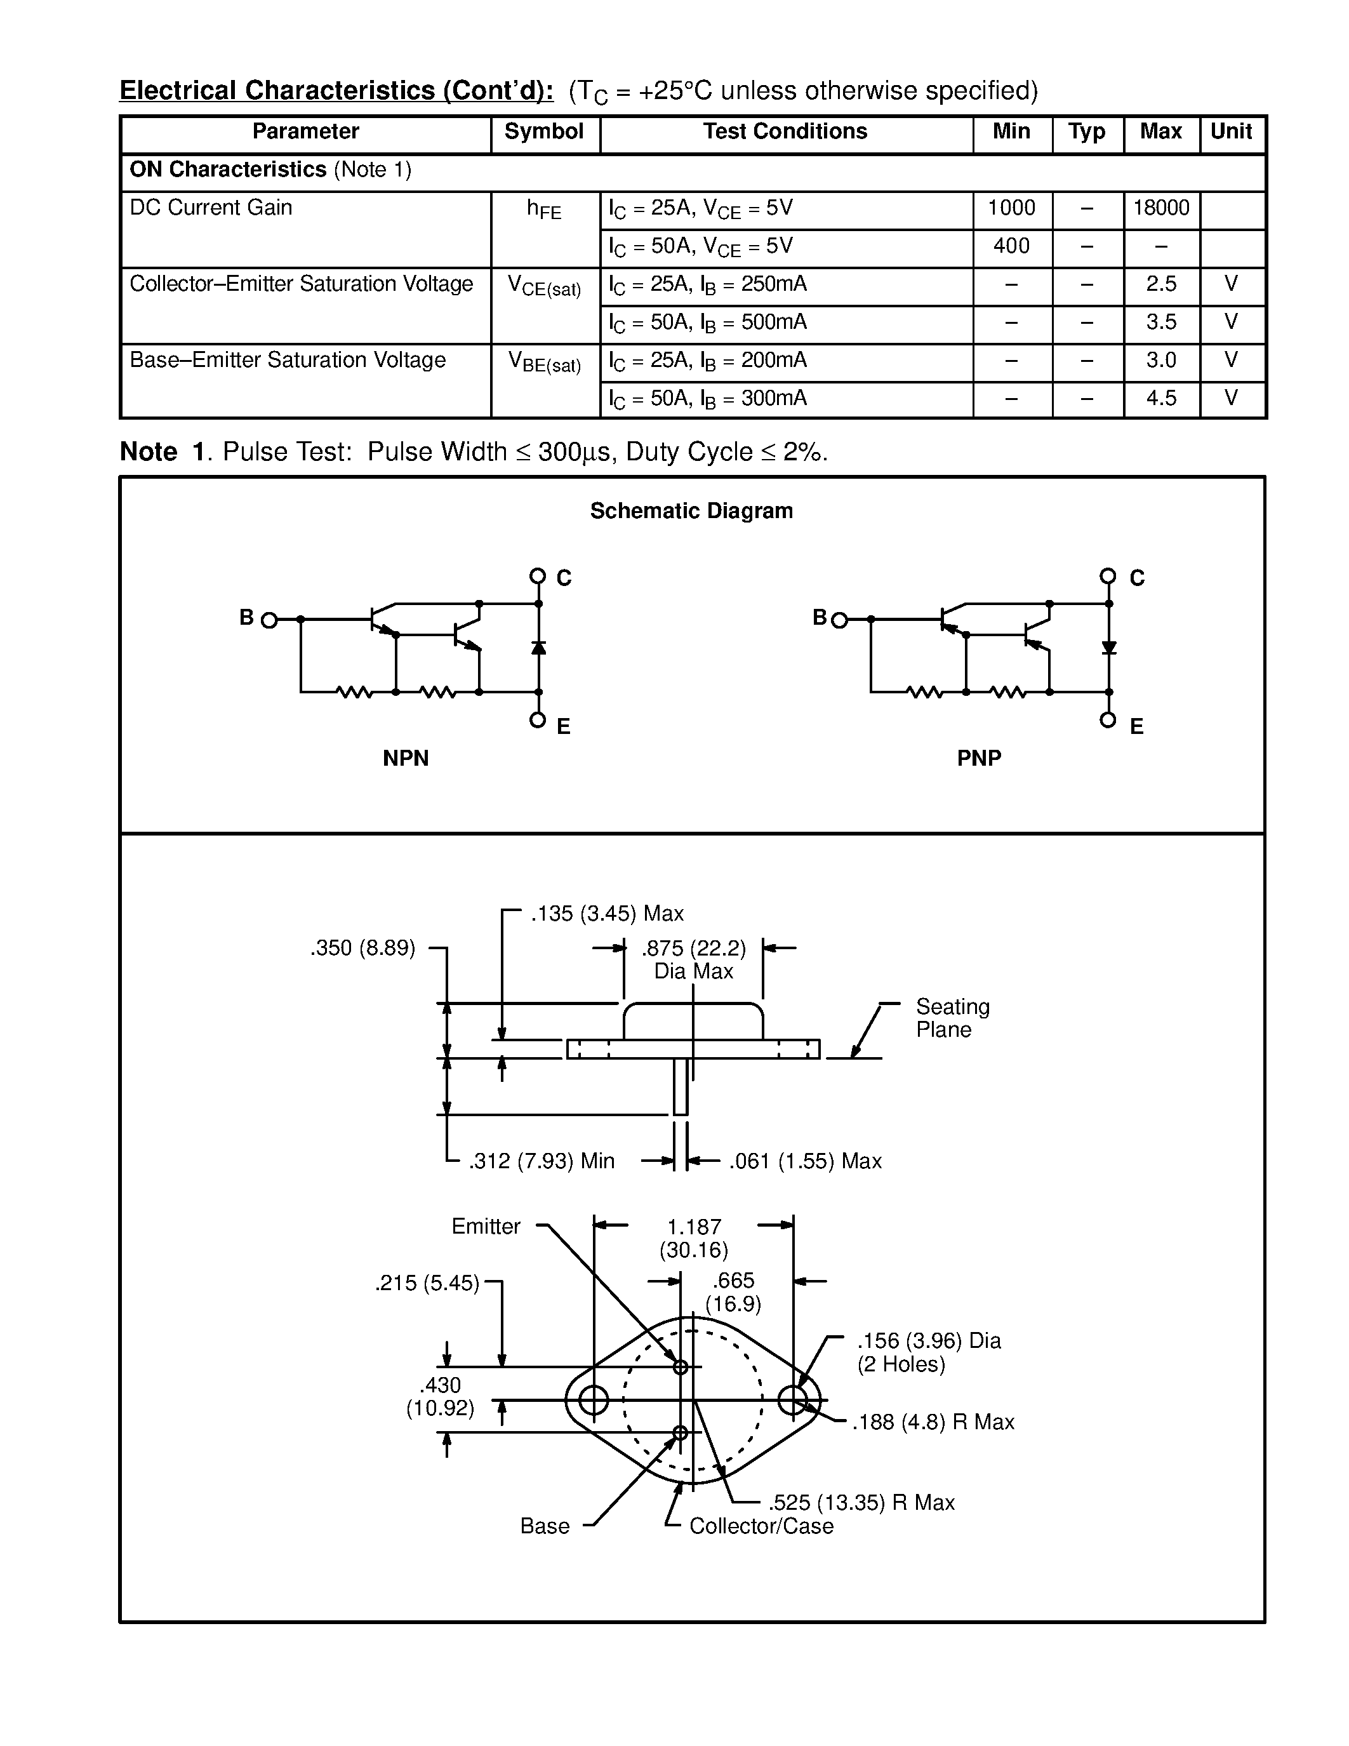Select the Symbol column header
pos(543,132)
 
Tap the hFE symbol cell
pos(543,210)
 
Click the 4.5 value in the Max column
pos(1160,398)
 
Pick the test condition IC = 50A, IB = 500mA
pos(707,323)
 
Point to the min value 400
pos(1011,246)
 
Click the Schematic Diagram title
pos(691,511)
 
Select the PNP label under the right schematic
pos(979,758)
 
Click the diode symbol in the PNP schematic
pos(1108,648)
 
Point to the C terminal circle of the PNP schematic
pos(1108,576)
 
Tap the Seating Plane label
pos(952,1018)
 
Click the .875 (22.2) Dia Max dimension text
pos(694,959)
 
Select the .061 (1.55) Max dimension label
pos(805,1161)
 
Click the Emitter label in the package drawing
pos(485,1227)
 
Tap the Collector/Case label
pos(761,1526)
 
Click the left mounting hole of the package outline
pos(594,1399)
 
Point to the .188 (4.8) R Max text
pos(933,1422)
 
